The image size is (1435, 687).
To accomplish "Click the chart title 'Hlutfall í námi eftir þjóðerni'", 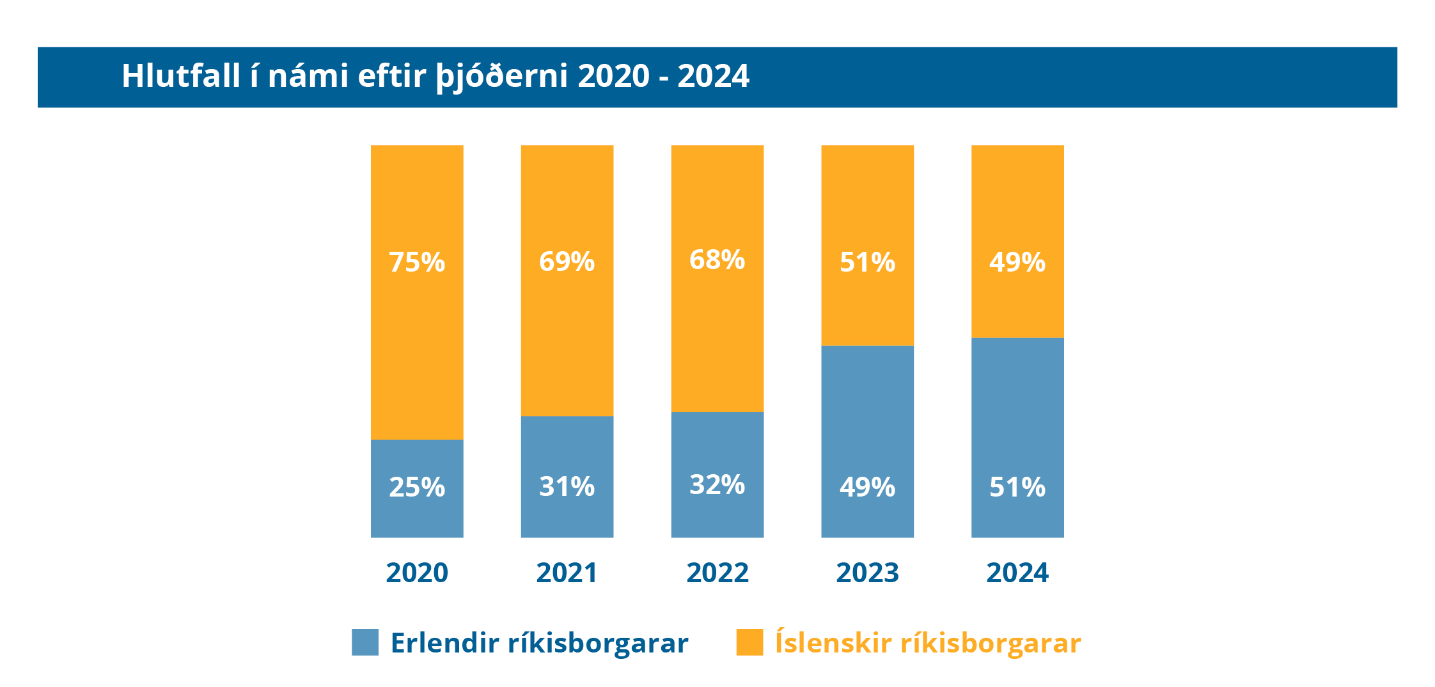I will point(435,76).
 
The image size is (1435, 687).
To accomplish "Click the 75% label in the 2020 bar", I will point(417,262).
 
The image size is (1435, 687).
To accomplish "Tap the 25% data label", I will point(417,487).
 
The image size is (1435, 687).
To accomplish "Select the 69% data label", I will point(567,261).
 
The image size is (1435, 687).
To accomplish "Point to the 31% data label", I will point(567,486).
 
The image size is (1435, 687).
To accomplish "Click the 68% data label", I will point(717,259).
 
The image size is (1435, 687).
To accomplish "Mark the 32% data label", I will point(717,484).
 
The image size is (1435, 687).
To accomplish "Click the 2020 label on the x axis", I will point(417,573).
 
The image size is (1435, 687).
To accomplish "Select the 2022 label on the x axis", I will point(717,573).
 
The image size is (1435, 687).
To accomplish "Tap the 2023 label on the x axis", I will point(867,573).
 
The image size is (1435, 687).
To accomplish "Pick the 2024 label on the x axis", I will point(1017,573).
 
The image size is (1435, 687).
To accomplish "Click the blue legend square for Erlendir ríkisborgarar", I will point(365,642).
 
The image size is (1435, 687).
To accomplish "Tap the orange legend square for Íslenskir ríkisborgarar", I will point(749,642).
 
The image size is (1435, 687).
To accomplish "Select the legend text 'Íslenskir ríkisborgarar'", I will point(927,642).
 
